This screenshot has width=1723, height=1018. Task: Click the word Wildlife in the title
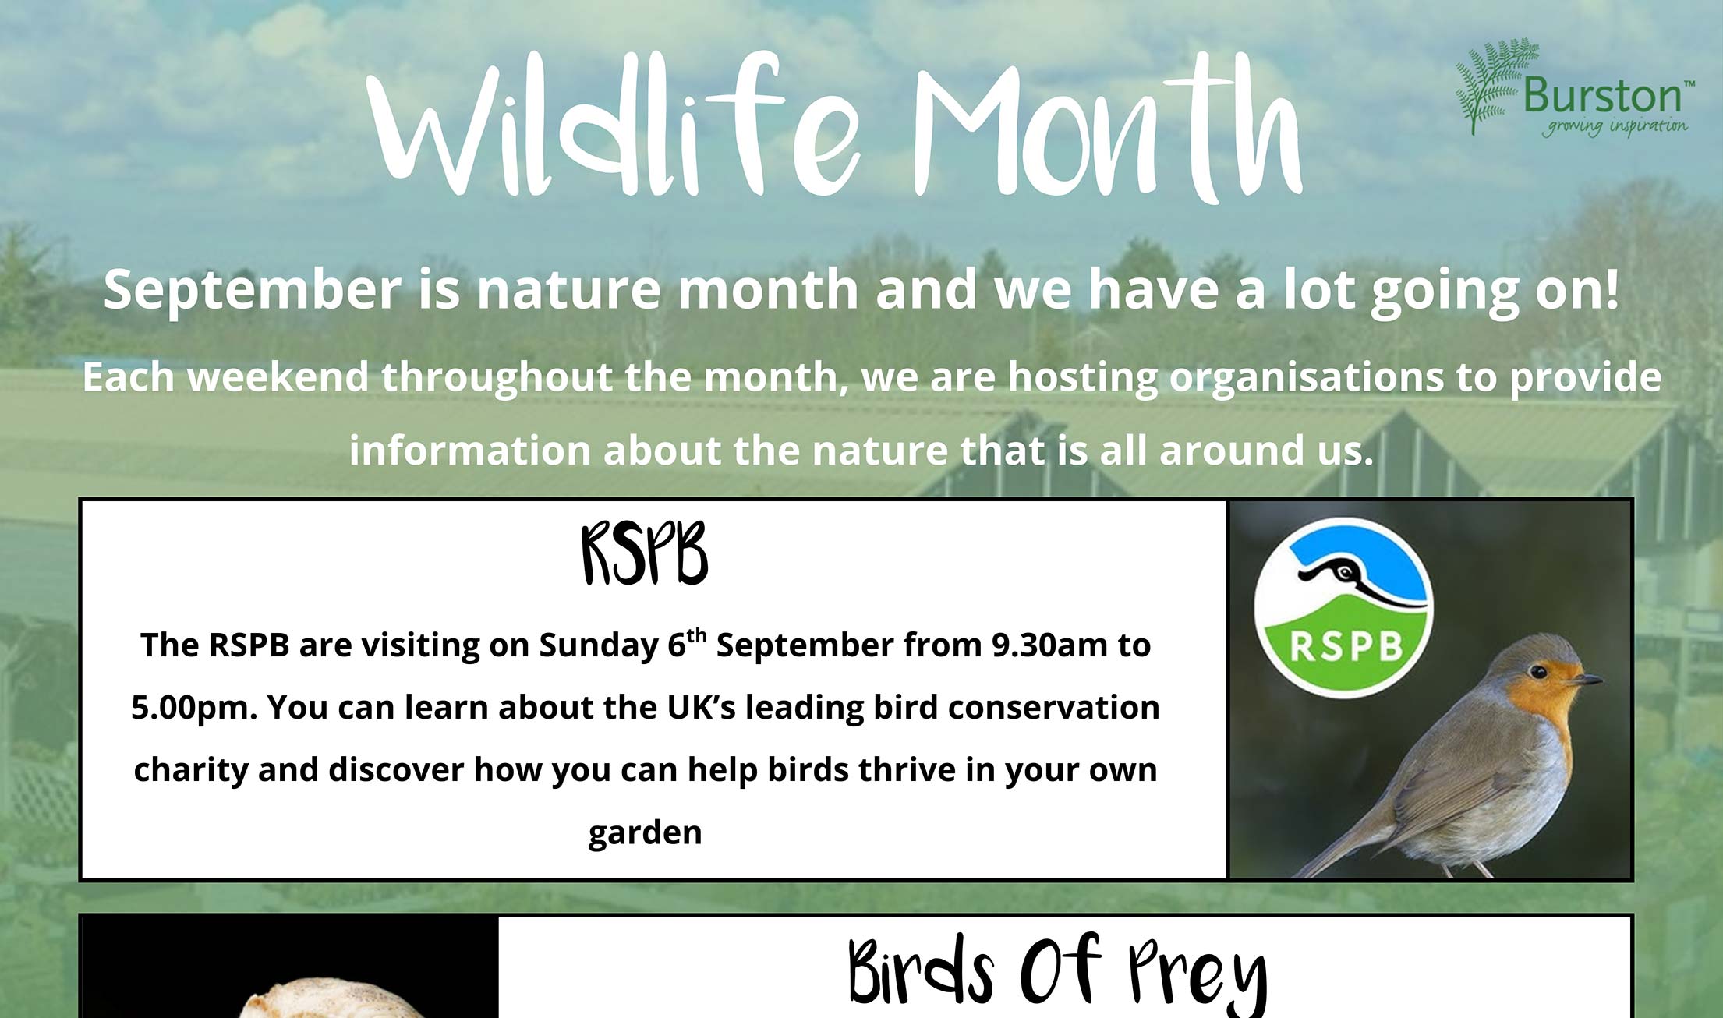pyautogui.click(x=612, y=125)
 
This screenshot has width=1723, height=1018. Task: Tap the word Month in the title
pyautogui.click(x=1107, y=129)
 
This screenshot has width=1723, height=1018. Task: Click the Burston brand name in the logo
pyautogui.click(x=1601, y=96)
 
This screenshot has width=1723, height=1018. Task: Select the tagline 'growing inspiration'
pyautogui.click(x=1614, y=127)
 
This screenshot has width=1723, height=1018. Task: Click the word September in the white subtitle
pyautogui.click(x=252, y=290)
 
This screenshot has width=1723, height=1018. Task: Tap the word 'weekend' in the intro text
pyautogui.click(x=278, y=377)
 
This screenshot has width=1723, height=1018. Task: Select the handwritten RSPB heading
pyautogui.click(x=645, y=554)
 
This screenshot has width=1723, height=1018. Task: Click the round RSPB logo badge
pyautogui.click(x=1343, y=607)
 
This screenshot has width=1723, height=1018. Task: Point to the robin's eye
pyautogui.click(x=1537, y=671)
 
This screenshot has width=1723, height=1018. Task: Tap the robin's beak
pyautogui.click(x=1586, y=680)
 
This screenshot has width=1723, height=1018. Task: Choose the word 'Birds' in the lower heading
pyautogui.click(x=920, y=970)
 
